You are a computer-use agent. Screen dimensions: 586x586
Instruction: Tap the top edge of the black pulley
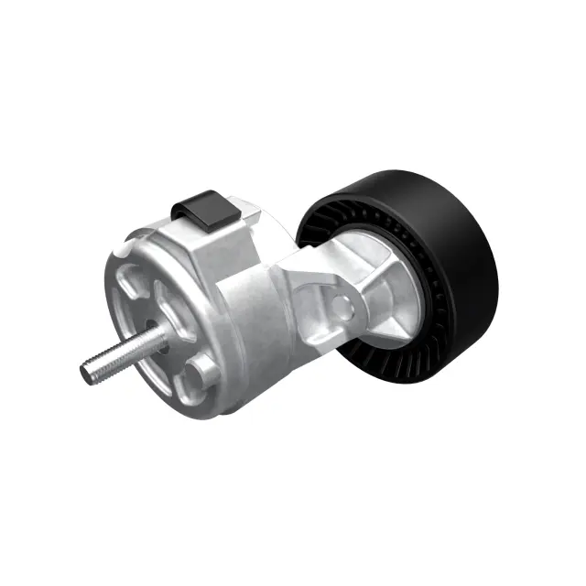394,178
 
